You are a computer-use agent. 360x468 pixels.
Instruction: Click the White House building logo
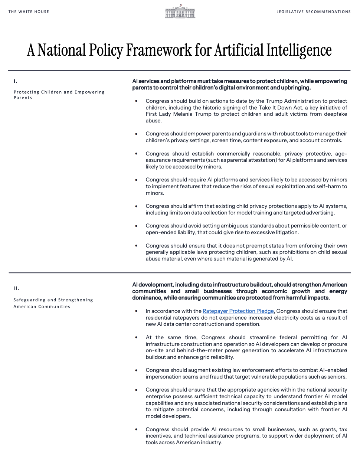[x=180, y=12]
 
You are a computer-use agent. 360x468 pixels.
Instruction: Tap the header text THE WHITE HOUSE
[x=29, y=12]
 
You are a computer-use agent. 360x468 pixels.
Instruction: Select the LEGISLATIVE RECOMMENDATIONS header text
[x=313, y=12]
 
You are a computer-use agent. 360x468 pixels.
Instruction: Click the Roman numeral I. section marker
[x=15, y=81]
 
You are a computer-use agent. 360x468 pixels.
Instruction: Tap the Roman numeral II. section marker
[x=16, y=288]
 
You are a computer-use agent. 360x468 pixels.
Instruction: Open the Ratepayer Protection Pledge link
[x=238, y=311]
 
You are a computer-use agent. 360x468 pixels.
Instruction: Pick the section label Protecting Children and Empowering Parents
[x=59, y=95]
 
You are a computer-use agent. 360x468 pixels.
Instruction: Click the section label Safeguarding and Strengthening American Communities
[x=53, y=303]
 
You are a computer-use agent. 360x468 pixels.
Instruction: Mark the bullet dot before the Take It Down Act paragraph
[x=136, y=101]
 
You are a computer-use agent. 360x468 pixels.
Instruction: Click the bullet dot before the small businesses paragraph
[x=136, y=429]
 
